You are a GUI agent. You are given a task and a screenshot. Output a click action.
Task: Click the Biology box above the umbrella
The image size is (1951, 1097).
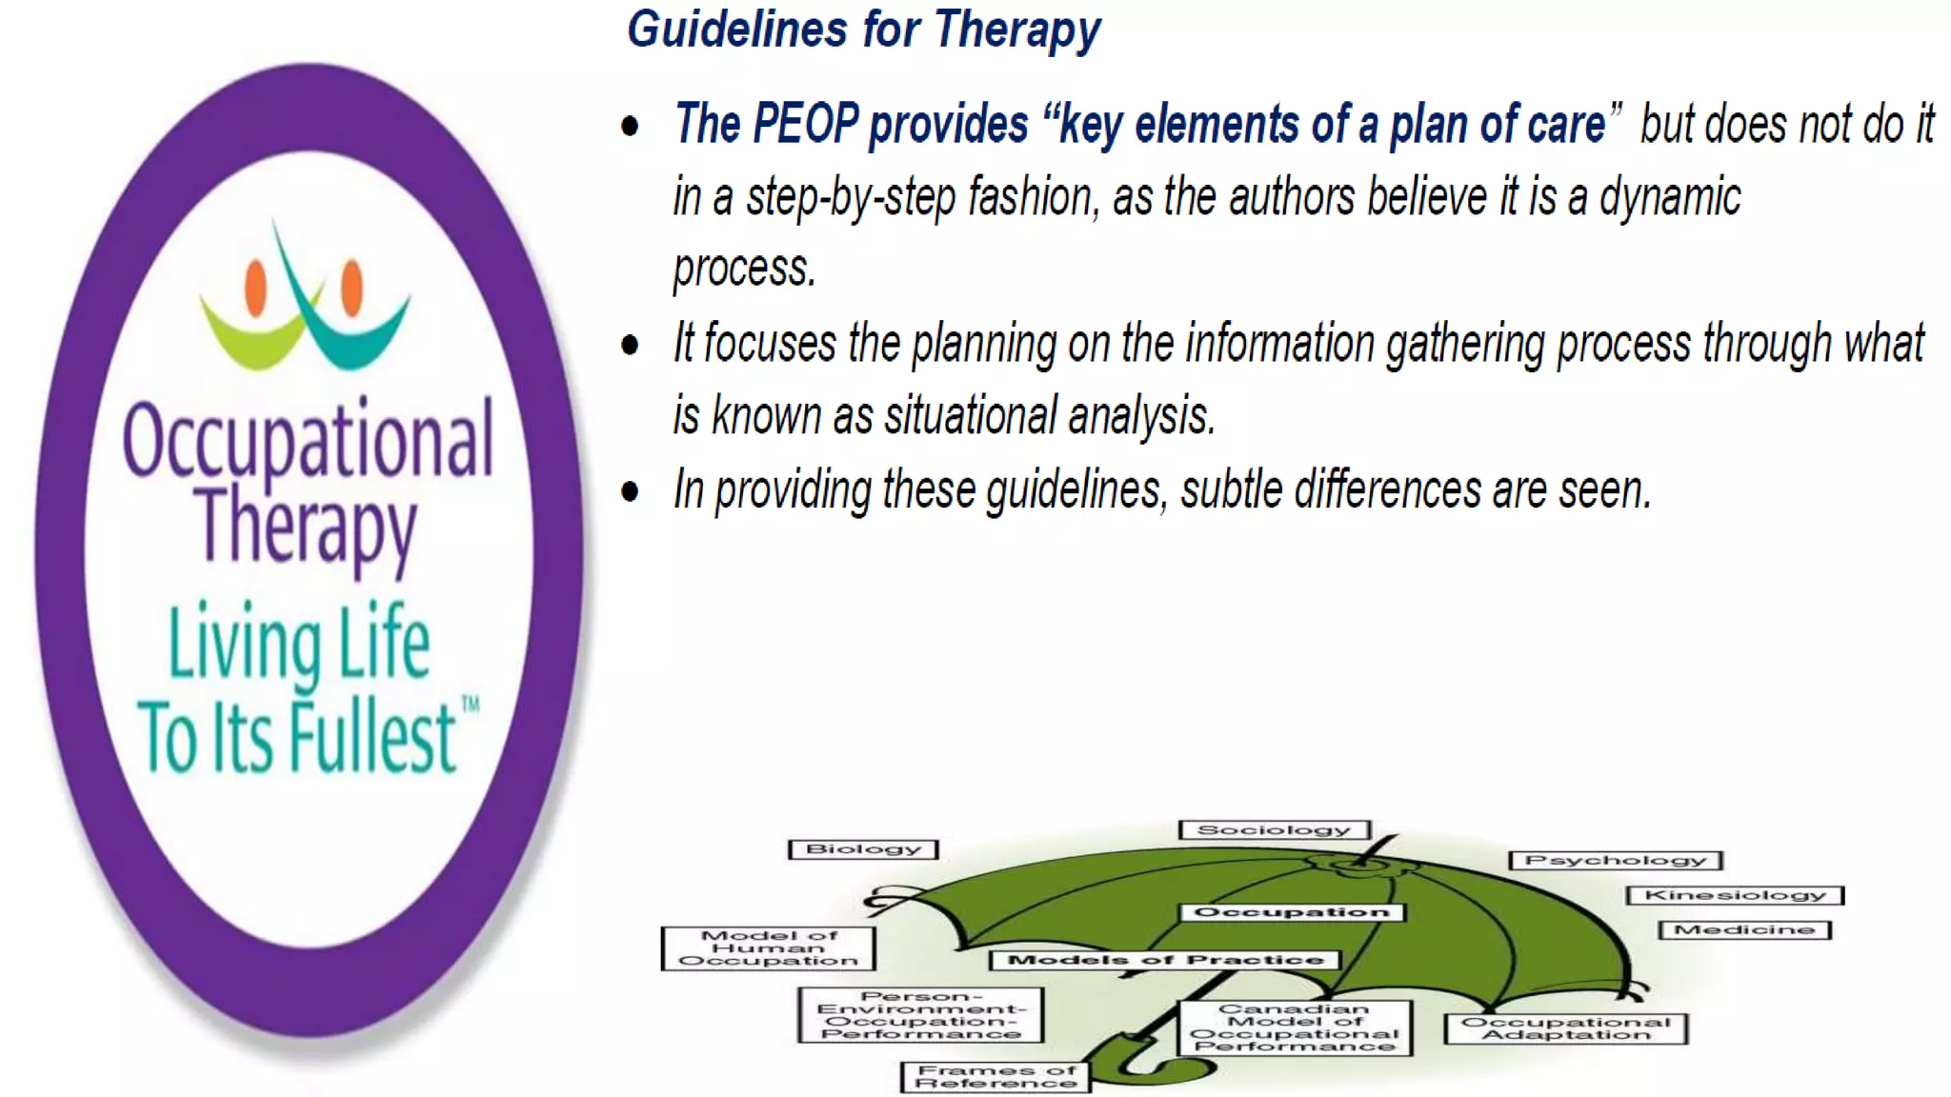click(x=863, y=849)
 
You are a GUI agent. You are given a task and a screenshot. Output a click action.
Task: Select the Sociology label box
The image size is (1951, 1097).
click(x=1274, y=830)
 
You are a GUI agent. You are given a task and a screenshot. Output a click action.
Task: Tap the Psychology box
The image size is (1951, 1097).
click(x=1616, y=861)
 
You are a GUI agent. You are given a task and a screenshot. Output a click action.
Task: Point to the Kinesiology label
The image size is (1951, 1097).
click(x=1735, y=895)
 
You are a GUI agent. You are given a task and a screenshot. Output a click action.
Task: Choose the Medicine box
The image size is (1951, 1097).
click(x=1744, y=929)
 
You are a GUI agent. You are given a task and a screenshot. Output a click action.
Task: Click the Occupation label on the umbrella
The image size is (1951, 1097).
click(x=1292, y=912)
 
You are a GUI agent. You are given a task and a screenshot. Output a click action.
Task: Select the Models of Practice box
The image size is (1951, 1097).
click(x=1165, y=960)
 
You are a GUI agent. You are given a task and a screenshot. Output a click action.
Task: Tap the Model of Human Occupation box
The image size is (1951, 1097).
click(x=768, y=948)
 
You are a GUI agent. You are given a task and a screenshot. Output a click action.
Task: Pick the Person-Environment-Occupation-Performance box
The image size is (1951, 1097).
click(x=920, y=1015)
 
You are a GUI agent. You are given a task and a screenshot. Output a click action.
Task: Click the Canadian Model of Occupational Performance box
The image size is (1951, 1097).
click(x=1295, y=1027)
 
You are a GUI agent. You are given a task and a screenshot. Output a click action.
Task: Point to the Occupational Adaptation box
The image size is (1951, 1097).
click(x=1565, y=1028)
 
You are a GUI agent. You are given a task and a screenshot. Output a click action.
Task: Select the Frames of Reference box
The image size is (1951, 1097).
click(x=996, y=1077)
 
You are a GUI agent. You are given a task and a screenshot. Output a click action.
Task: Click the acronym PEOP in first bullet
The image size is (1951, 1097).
click(x=805, y=124)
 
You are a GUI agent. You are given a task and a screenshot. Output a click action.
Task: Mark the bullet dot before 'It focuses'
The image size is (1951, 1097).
click(x=630, y=345)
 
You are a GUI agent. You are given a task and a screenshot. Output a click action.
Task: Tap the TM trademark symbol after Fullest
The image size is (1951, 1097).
click(x=471, y=705)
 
